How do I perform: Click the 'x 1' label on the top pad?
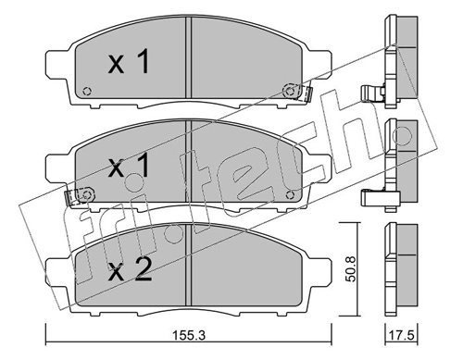129,63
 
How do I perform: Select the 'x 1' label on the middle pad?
129,168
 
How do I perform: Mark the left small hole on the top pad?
87,91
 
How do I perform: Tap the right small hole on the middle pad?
290,194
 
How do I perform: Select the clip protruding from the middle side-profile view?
372,196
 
